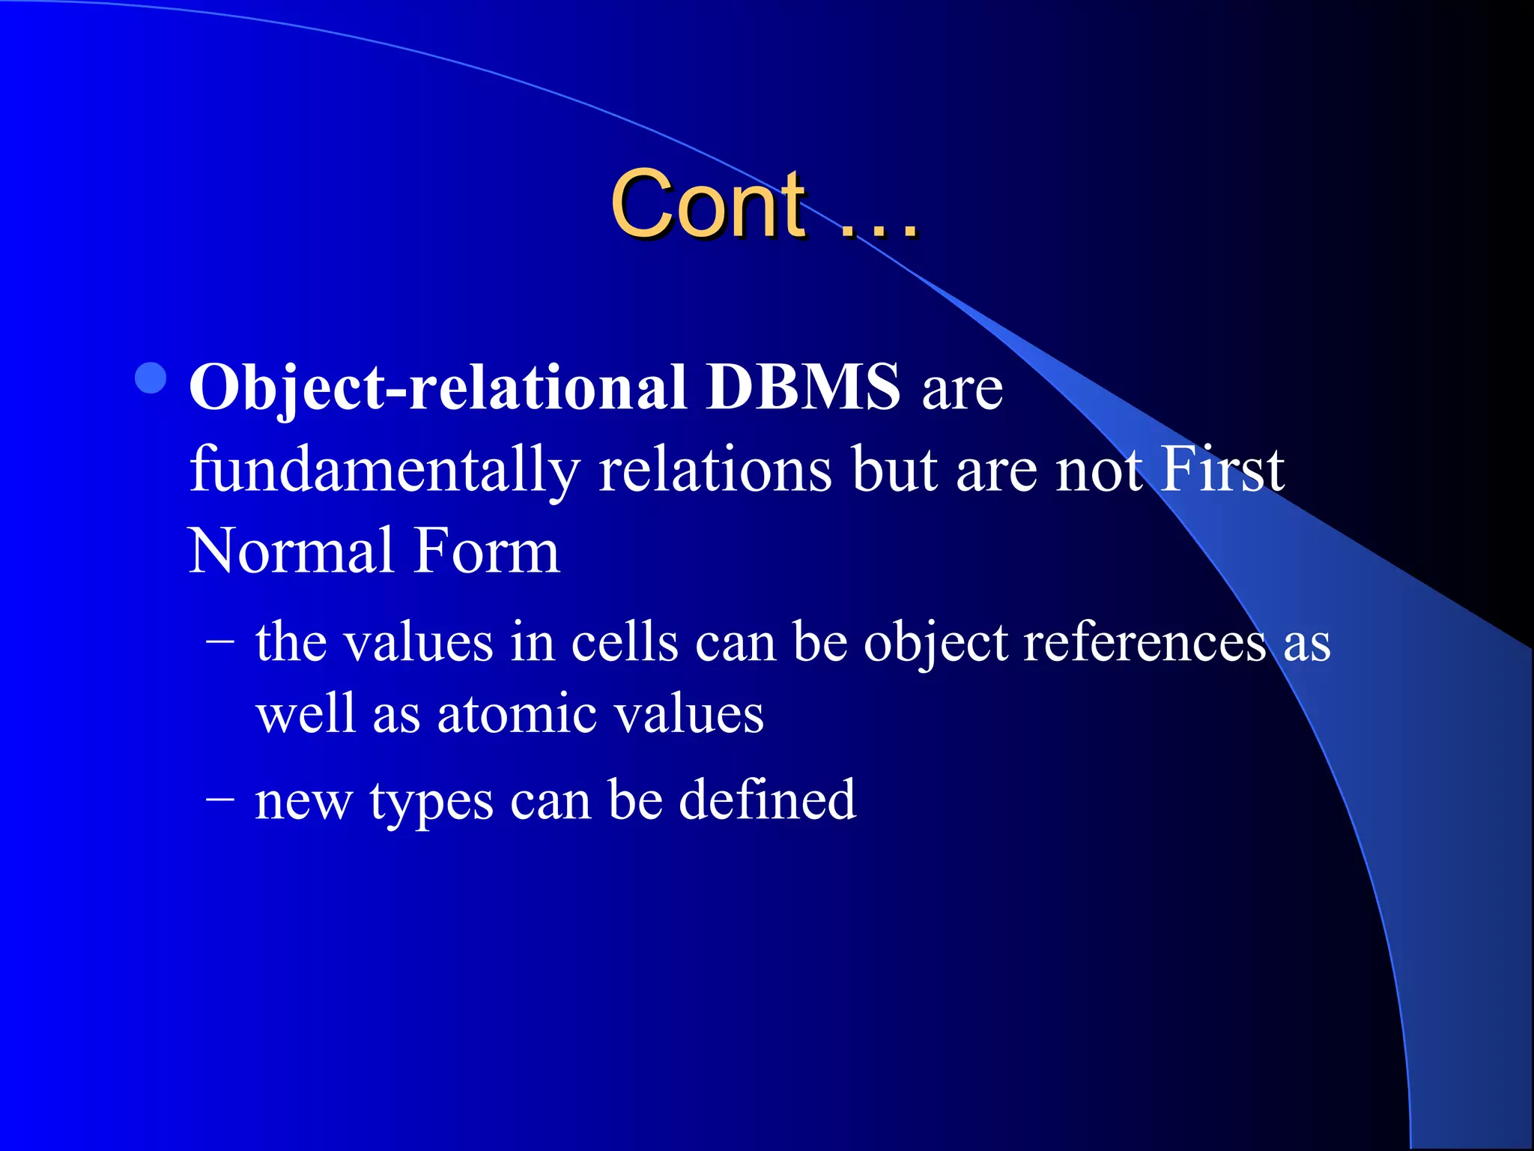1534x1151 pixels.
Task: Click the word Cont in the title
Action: click(708, 205)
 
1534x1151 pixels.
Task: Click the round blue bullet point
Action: click(151, 378)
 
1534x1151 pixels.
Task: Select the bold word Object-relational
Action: click(438, 387)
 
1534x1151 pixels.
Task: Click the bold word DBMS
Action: click(803, 387)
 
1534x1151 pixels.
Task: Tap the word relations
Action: click(715, 470)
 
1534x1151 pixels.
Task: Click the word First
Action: click(1222, 470)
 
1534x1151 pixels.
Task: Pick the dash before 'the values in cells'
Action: click(220, 643)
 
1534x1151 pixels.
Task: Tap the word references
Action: click(1144, 643)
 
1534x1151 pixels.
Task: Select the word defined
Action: click(767, 800)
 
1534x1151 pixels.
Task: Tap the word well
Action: click(306, 713)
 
